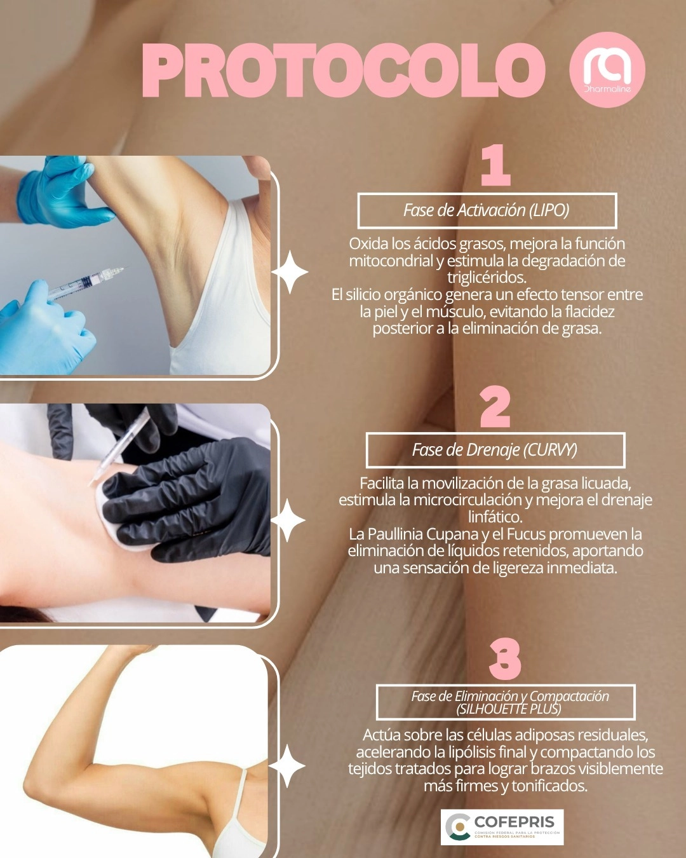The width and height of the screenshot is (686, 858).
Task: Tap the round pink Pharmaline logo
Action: click(x=607, y=69)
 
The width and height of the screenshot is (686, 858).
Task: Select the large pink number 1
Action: click(x=495, y=165)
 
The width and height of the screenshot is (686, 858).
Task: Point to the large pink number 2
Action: click(x=495, y=407)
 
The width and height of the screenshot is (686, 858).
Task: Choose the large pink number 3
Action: click(x=505, y=658)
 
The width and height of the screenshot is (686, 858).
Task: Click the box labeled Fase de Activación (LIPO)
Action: click(x=487, y=210)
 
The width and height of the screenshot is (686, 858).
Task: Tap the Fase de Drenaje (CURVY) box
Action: click(x=495, y=450)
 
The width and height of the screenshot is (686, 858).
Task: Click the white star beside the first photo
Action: click(x=290, y=272)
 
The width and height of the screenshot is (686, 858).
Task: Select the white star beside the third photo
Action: click(x=287, y=766)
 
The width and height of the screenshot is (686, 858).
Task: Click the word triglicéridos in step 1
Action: click(x=487, y=278)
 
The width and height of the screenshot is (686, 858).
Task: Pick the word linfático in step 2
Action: click(x=495, y=517)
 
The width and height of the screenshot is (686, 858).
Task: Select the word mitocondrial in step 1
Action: click(x=392, y=261)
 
